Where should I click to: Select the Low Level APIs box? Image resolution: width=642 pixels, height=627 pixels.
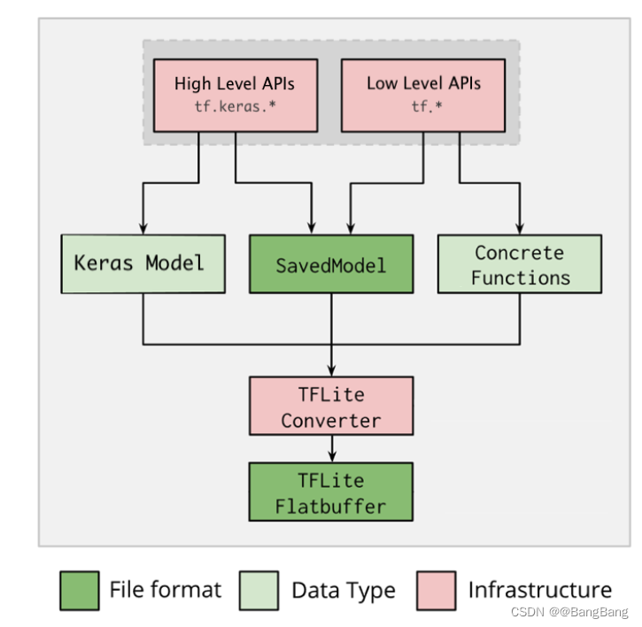click(422, 95)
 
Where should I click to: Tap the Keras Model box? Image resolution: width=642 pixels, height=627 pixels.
click(143, 264)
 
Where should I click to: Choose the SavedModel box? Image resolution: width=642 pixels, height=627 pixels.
click(331, 264)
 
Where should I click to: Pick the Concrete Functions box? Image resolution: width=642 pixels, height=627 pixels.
click(520, 264)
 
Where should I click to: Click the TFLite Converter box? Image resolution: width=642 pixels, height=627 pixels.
click(331, 406)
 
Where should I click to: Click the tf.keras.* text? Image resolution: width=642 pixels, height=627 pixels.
click(234, 107)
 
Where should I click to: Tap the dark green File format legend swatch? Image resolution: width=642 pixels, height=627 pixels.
click(80, 591)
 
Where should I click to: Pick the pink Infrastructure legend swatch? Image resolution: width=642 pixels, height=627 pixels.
click(436, 591)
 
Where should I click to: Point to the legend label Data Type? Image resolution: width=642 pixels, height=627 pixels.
click(344, 591)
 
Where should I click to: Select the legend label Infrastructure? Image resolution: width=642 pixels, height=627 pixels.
click(539, 591)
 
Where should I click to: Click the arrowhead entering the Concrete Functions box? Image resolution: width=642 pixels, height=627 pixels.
click(520, 228)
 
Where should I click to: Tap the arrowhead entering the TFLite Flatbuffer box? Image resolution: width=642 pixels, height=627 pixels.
click(331, 457)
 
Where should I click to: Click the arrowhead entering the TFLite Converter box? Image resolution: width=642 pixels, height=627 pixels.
click(331, 371)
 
